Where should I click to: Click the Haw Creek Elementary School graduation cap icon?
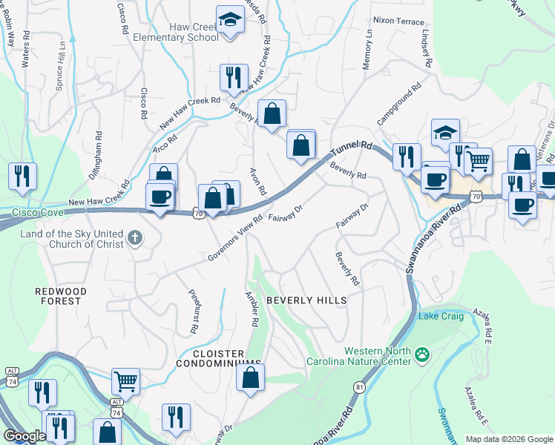pos(231,20)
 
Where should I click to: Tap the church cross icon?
pos(134,238)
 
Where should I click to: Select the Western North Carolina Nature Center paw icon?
pos(422,355)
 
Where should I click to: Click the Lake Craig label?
pos(441,317)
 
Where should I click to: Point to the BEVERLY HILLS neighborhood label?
pos(306,300)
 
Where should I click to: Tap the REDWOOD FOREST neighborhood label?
pos(61,296)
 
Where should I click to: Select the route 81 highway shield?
pos(360,386)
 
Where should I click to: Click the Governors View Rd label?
pos(236,239)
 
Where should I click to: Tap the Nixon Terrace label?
pos(398,21)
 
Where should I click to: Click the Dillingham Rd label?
pos(98,151)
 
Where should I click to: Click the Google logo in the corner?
pos(24,436)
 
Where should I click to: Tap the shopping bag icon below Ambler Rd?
pos(251,377)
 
